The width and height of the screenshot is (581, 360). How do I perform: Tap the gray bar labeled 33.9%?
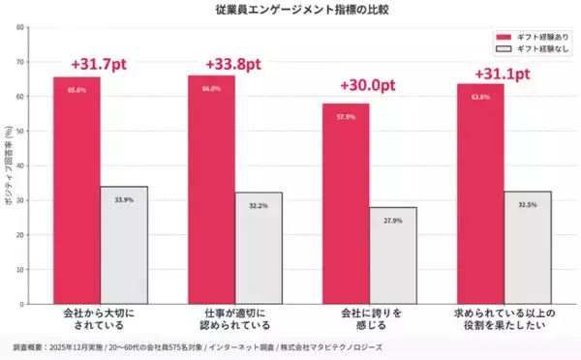124,246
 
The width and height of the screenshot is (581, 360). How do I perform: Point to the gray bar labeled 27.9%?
393,256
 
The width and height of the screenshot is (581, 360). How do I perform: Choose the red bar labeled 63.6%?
480,194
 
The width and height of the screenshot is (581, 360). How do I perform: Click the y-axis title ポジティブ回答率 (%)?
8,165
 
